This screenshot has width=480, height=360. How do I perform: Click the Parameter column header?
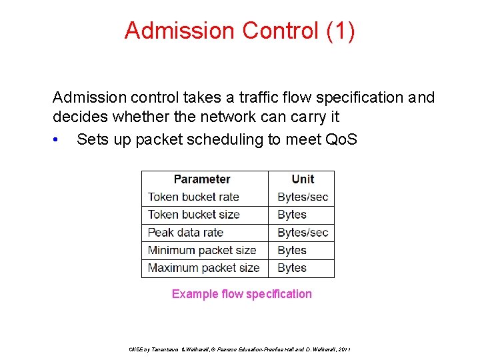coord(201,179)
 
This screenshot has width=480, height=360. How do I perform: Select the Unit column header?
coord(303,179)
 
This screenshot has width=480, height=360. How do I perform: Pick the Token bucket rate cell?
coord(193,197)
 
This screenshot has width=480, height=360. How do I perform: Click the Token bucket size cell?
coord(193,215)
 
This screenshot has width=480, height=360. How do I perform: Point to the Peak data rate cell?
coord(185,233)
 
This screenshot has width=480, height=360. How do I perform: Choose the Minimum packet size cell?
coord(202,250)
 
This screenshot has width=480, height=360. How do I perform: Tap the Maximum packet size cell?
coord(203,268)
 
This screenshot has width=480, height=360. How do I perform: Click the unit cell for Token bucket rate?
coord(303,197)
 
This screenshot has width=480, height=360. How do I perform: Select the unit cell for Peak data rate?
coord(303,233)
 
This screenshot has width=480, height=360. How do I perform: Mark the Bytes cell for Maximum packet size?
coord(292,268)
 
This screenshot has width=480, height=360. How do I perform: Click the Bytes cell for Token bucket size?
coord(292,215)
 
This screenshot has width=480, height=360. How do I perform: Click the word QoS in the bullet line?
coord(341,139)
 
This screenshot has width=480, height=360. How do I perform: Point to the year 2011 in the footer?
coord(344,349)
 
